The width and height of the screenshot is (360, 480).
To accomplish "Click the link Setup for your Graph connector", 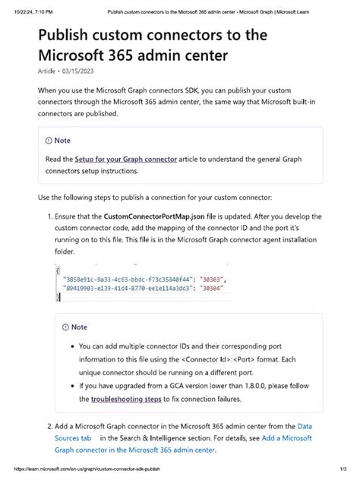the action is click(125, 159).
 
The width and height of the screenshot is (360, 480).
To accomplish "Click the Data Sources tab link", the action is click(315, 427).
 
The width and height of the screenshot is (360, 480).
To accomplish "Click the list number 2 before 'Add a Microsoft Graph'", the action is click(49, 427).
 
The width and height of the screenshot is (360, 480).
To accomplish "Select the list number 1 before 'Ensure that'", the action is click(49, 216).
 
